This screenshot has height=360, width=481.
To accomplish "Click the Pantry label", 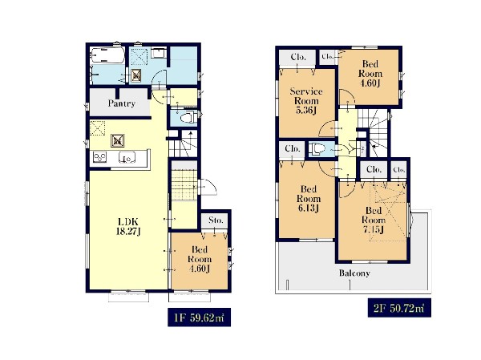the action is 122,103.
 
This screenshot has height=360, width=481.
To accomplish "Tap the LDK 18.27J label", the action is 128,226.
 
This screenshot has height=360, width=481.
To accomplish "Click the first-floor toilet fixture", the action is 188,118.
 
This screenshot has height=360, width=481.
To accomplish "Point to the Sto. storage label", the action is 216,220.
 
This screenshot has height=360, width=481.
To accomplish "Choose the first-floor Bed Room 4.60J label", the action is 200,259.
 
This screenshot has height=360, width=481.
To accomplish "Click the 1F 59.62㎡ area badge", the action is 199,317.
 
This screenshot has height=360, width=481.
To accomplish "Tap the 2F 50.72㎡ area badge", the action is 399,308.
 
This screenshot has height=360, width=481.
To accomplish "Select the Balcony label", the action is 354,273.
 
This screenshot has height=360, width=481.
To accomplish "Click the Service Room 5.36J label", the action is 306,101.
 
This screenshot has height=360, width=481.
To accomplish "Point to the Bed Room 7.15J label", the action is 374,220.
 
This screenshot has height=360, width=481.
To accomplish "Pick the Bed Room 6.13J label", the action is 309,199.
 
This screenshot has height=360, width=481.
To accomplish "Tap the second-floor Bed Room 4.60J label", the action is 370,74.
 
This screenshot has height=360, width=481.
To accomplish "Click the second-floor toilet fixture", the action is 315,149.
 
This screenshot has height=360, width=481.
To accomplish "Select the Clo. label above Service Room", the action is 298,57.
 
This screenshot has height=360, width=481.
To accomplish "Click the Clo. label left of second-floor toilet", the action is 292,149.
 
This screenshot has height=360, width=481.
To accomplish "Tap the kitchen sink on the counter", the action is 127,157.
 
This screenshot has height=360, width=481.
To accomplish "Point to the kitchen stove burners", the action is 99,157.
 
